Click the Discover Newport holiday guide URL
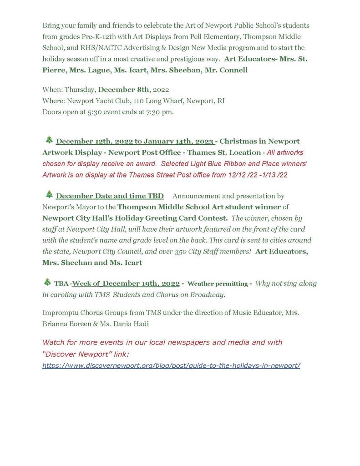[x=171, y=365]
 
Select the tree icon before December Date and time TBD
[x=49, y=195]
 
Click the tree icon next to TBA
[x=47, y=282]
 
